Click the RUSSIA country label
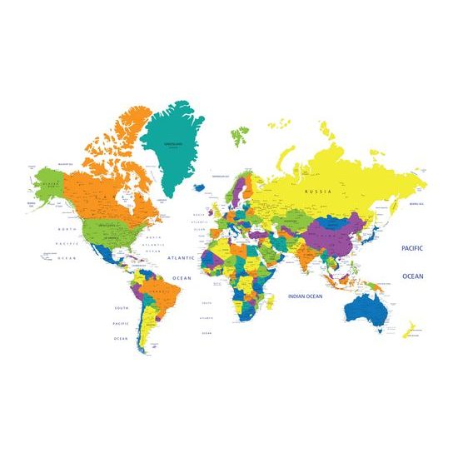pyautogui.click(x=318, y=192)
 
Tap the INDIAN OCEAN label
pyautogui.click(x=305, y=296)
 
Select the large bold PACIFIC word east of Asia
pyautogui.click(x=412, y=248)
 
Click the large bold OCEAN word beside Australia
pyautogui.click(x=412, y=276)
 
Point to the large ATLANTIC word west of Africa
pyautogui.click(x=181, y=258)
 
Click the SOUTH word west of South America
pyautogui.click(x=122, y=308)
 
